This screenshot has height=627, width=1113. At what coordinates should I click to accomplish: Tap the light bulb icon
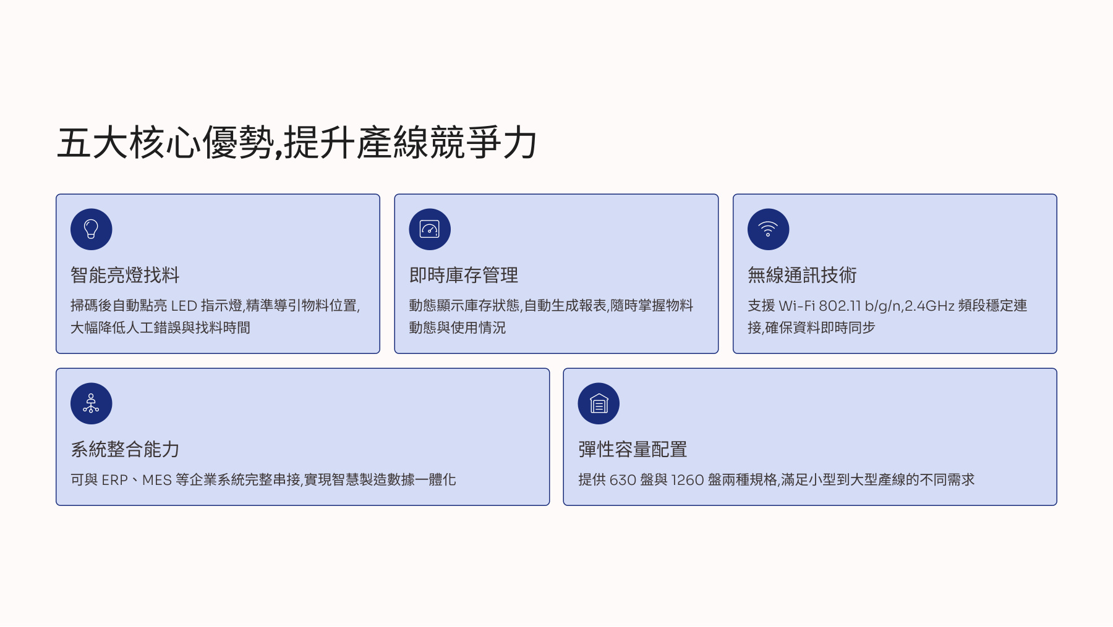(92, 229)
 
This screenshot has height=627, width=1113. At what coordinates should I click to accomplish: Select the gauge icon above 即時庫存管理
(430, 229)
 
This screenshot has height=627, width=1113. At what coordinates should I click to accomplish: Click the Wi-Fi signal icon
(768, 229)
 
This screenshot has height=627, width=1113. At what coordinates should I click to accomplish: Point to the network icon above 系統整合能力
(92, 403)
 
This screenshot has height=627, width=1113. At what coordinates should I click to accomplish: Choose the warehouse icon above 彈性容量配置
(599, 403)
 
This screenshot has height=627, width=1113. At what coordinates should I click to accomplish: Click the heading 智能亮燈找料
(125, 275)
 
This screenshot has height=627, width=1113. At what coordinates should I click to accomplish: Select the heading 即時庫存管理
(464, 275)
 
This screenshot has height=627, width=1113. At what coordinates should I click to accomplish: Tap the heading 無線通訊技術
(802, 275)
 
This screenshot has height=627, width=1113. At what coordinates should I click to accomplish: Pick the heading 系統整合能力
(125, 449)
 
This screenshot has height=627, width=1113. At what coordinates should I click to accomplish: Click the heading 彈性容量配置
(633, 449)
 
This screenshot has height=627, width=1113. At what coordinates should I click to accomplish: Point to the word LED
(184, 306)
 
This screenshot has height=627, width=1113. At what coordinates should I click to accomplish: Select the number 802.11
(840, 306)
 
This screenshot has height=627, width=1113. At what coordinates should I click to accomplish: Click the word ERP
(114, 480)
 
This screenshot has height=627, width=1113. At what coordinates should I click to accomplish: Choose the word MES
(157, 480)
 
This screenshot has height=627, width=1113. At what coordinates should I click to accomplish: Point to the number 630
(623, 480)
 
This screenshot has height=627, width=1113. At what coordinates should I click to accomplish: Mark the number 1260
(688, 480)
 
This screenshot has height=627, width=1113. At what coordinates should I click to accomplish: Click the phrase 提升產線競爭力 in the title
(411, 143)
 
